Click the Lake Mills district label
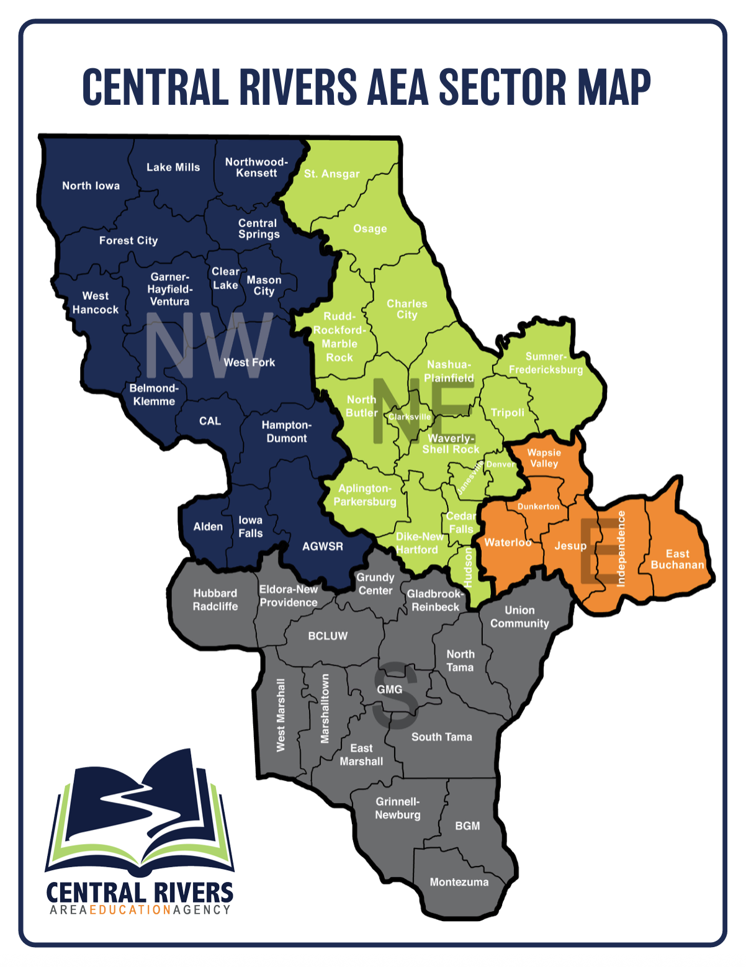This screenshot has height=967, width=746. [173, 167]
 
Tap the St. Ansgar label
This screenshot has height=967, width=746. [331, 174]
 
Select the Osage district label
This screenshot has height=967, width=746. [370, 229]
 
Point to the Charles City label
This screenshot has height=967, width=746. [407, 309]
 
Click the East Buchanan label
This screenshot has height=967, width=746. [677, 559]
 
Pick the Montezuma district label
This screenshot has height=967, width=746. [459, 882]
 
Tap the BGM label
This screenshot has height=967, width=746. [467, 826]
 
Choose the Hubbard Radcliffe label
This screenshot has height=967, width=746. [215, 600]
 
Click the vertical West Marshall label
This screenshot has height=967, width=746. [281, 715]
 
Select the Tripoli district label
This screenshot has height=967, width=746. [508, 413]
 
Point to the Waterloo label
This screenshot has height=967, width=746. [508, 542]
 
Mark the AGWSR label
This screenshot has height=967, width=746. [323, 546]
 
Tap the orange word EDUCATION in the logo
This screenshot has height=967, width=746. [130, 910]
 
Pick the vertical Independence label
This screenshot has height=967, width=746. [621, 549]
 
